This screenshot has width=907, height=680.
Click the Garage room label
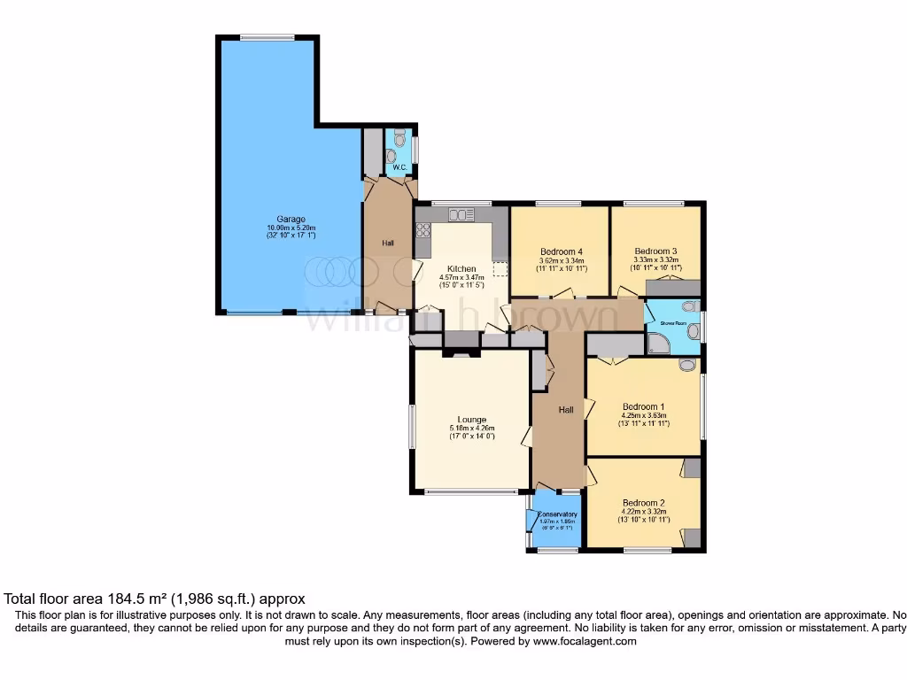(x=291, y=220)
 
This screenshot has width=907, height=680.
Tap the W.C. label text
(x=399, y=167)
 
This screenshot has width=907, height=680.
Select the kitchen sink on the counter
(x=461, y=214)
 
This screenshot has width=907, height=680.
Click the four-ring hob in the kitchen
(x=423, y=232)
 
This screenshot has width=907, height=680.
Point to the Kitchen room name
(x=461, y=269)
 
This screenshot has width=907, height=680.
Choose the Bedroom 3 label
(x=655, y=251)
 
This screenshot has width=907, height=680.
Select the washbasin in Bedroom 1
(x=687, y=365)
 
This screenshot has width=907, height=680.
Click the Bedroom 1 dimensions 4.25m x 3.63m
(x=643, y=415)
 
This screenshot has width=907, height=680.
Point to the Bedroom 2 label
(x=643, y=502)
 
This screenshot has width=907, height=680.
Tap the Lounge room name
(x=471, y=420)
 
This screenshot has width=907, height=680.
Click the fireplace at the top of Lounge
(x=461, y=352)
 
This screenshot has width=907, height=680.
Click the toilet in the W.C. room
(x=400, y=139)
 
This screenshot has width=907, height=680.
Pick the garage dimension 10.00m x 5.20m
(x=291, y=228)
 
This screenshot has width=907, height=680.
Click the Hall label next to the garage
(x=388, y=243)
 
